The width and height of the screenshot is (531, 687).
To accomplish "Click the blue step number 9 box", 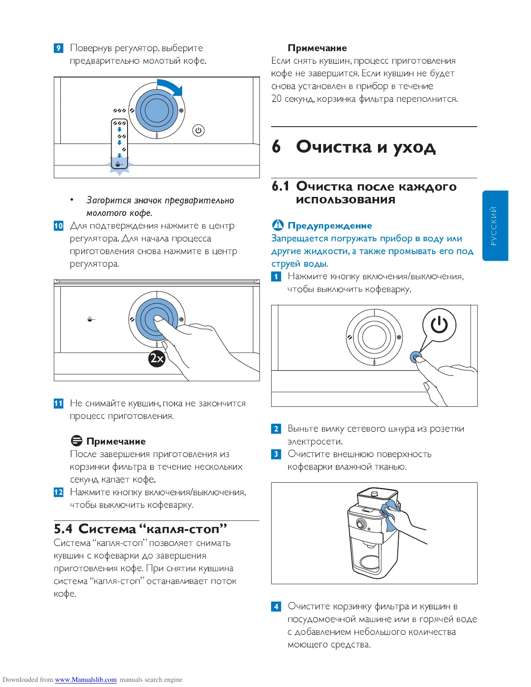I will click(x=59, y=48).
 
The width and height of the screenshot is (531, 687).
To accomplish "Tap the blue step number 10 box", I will click(x=59, y=226).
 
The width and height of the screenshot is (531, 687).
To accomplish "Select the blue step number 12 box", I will click(x=59, y=492).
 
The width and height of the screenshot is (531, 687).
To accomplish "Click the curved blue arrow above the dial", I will click(x=171, y=86).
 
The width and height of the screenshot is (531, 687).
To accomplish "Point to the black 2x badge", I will click(x=157, y=359).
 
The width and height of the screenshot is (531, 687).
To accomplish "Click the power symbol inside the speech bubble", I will click(x=439, y=324).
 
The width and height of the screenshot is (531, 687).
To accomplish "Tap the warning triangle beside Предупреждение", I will click(x=278, y=225).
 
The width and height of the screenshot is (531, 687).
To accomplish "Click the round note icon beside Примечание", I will click(x=76, y=441).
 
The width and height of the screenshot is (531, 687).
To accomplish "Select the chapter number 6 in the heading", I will click(x=276, y=147).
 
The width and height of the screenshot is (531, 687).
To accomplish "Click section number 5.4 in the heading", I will click(x=63, y=529).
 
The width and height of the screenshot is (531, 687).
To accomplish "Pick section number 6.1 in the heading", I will click(x=280, y=186).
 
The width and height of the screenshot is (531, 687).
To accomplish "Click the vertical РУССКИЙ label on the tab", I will click(x=494, y=226).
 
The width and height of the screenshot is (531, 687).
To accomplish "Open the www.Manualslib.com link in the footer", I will click(x=85, y=680).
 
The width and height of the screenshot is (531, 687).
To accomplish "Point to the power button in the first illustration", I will click(x=198, y=130).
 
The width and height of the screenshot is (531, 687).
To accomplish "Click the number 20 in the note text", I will click(x=276, y=99).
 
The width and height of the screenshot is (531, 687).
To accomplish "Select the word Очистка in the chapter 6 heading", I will click(x=334, y=147).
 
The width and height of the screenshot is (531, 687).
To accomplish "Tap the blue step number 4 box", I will click(x=276, y=606).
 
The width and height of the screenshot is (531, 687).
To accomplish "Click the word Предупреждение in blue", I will click(x=330, y=226).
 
